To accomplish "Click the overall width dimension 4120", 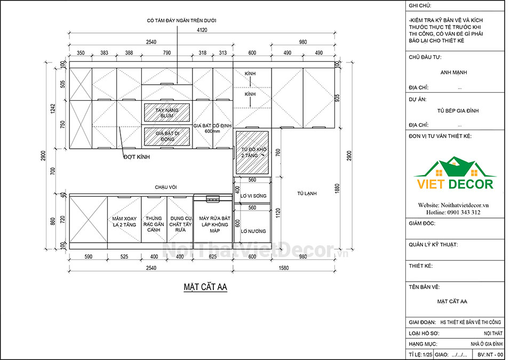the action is pyautogui.click(x=202, y=30).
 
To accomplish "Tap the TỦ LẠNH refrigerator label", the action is pyautogui.click(x=307, y=194).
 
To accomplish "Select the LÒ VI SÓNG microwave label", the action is pyautogui.click(x=253, y=196).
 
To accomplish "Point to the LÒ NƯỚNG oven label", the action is pyautogui.click(x=253, y=231).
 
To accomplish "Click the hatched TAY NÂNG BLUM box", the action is pyautogui.click(x=167, y=113).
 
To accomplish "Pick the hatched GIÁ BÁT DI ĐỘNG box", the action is pyautogui.click(x=167, y=136).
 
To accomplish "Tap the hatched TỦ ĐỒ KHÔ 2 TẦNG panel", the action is pyautogui.click(x=252, y=153).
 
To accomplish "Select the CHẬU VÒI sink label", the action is pyautogui.click(x=165, y=187).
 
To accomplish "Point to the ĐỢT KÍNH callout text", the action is pyautogui.click(x=137, y=157).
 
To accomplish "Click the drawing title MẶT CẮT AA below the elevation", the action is pyautogui.click(x=205, y=287).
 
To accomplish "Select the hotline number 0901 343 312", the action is pyautogui.click(x=462, y=212).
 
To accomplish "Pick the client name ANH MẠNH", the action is pyautogui.click(x=453, y=73).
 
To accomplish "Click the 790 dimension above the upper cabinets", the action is pyautogui.click(x=166, y=53).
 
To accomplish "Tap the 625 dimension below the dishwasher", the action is pyautogui.click(x=212, y=257).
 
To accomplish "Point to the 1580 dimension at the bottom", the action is pyautogui.click(x=284, y=268).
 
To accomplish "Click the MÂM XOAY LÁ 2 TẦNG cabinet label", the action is pyautogui.click(x=124, y=221).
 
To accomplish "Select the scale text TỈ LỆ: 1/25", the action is pyautogui.click(x=420, y=355).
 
